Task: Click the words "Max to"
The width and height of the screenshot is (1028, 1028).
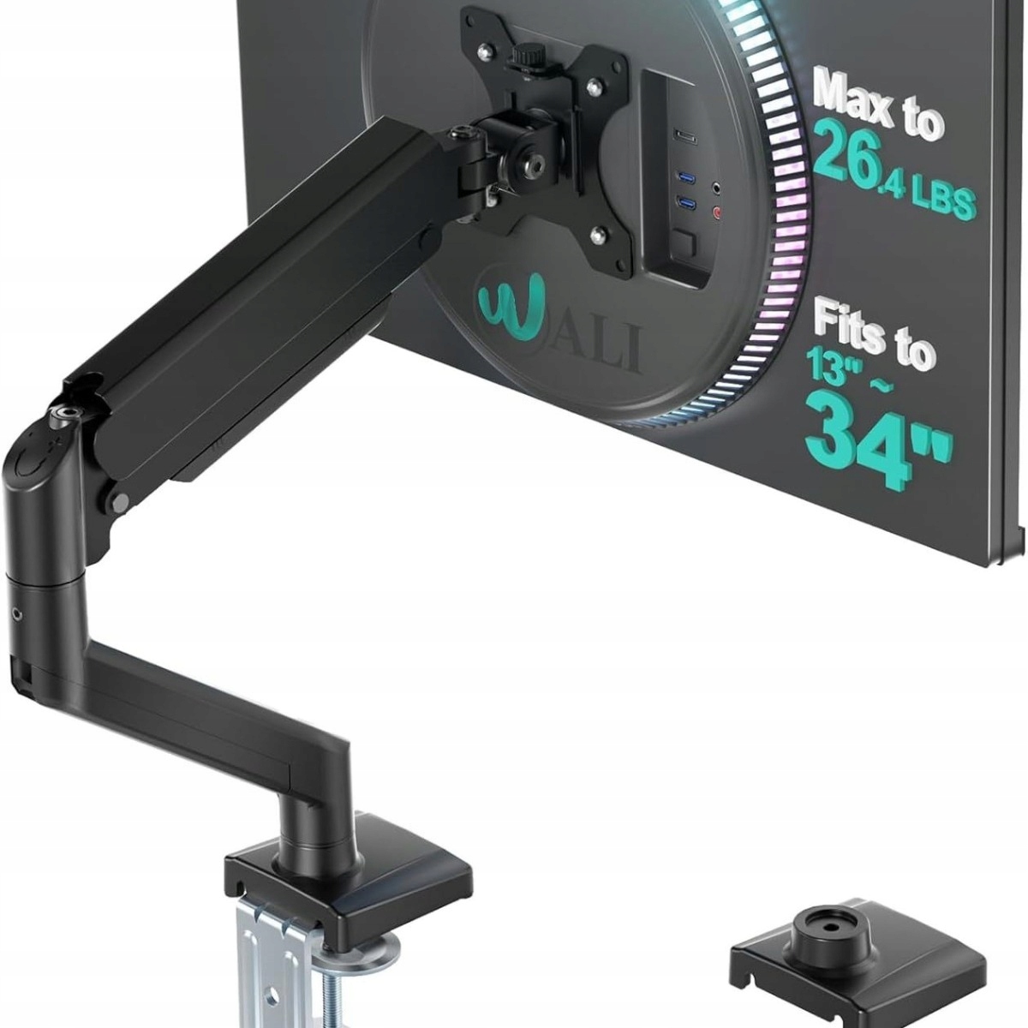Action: pyautogui.click(x=878, y=105)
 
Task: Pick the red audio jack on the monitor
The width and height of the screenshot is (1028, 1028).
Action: pyautogui.click(x=718, y=213)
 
